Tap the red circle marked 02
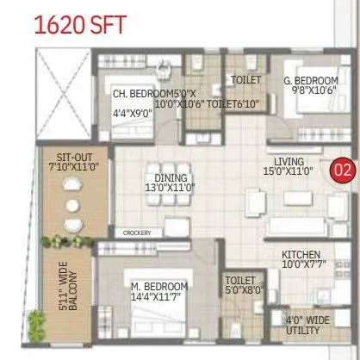pos(342,169)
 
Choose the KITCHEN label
pos(301,256)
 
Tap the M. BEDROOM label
pos(159,287)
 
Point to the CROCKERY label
pos(138,233)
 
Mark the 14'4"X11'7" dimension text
pos(159,298)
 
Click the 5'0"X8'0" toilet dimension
pos(240,291)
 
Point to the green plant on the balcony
pos(36,324)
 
